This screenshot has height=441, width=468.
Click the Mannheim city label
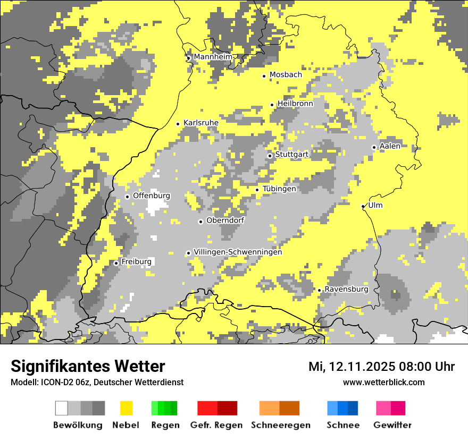click(213, 57)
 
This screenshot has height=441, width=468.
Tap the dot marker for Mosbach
click(264, 76)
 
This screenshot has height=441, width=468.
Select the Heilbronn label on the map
click(295, 104)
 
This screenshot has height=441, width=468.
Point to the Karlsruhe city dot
click(178, 124)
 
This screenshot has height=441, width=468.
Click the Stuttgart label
click(291, 155)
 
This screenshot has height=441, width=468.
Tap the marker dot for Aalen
click(374, 148)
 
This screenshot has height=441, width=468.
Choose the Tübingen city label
click(279, 189)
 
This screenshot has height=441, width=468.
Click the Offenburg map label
click(152, 196)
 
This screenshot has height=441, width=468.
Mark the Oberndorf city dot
click(200, 222)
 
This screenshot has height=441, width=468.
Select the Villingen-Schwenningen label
click(238, 252)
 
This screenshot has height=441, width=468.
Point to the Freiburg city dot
click(116, 263)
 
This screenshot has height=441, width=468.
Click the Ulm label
click(375, 205)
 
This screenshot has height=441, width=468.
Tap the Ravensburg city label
click(346, 289)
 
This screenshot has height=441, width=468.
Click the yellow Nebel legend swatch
click(126, 408)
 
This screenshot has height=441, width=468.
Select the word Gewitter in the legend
click(392, 425)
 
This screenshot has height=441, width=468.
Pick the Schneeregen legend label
click(280, 425)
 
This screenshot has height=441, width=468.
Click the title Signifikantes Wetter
click(88, 367)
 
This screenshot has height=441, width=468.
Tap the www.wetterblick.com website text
click(384, 382)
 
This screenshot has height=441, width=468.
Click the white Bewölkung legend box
click(62, 408)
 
